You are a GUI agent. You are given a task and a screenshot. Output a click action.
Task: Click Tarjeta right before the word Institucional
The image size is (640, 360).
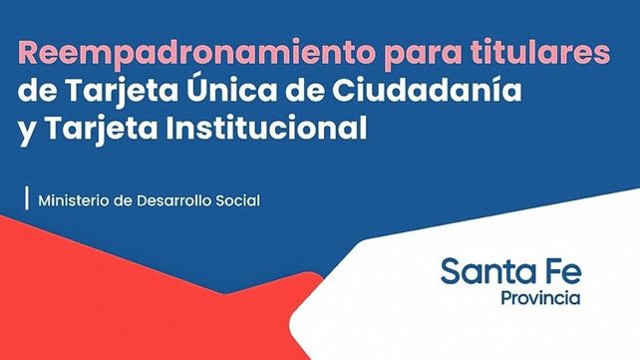(x=87, y=130)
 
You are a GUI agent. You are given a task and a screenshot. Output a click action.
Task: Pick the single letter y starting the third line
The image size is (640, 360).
(x=25, y=132)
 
